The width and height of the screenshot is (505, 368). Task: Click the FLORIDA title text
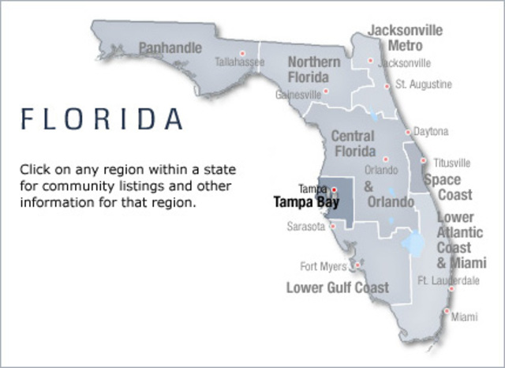[102, 118]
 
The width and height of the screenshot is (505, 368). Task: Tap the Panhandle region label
[170, 48]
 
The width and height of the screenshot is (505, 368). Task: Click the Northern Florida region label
[314, 69]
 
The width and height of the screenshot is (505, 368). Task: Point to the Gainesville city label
[299, 94]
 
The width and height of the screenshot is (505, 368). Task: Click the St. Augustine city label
[424, 84]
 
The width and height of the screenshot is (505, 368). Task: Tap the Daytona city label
[432, 131]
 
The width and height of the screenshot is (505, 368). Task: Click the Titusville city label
[451, 163]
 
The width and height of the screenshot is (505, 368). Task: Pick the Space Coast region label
[448, 187]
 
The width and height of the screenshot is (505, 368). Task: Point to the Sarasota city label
[305, 227]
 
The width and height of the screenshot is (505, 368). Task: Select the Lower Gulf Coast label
[338, 287]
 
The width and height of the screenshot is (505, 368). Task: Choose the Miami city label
[464, 317]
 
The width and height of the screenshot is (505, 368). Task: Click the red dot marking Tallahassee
[242, 53]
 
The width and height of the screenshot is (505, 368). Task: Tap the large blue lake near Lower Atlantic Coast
[412, 242]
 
